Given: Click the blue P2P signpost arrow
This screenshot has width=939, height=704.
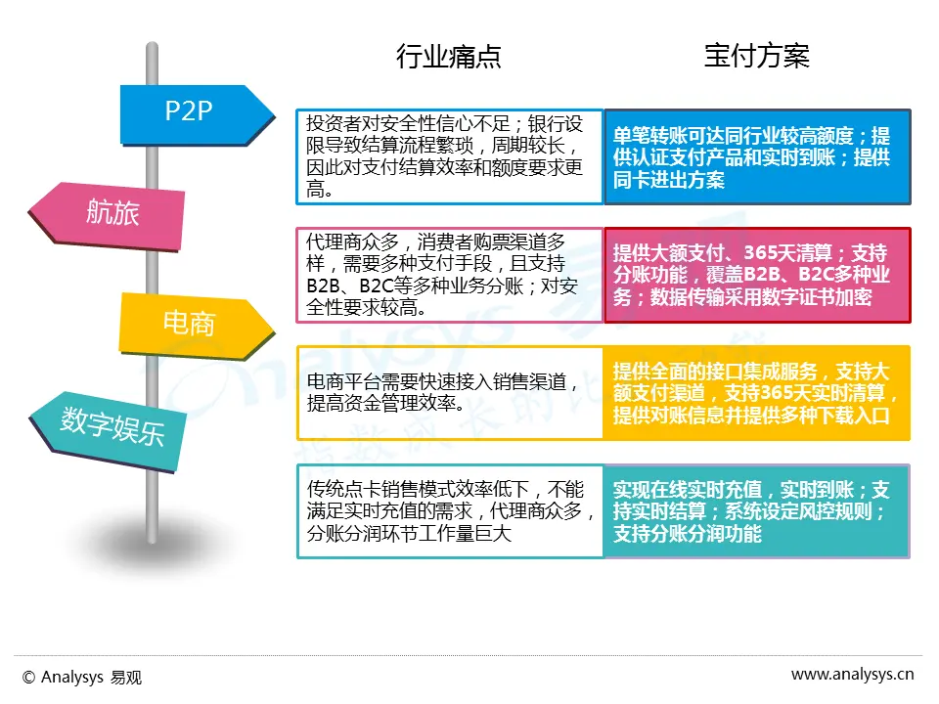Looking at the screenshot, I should coord(191,111).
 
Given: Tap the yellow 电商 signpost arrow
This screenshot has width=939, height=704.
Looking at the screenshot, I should coord(192,323).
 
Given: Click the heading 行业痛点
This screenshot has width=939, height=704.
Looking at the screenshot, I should coord(448,57).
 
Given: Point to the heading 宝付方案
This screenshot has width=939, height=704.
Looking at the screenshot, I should coord(756,57).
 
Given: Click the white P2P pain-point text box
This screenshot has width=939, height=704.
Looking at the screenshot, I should coord(450,156).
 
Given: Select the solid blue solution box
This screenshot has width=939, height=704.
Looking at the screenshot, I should coord(756,156).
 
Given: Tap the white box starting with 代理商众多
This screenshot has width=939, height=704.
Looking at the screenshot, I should coord(450,275).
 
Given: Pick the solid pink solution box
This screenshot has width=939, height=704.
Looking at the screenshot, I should coord(756,275).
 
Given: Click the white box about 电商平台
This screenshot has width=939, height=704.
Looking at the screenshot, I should coord(450,392).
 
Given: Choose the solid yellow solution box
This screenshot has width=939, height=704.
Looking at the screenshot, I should coord(756,392).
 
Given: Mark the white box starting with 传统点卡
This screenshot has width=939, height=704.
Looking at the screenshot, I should coord(450,510).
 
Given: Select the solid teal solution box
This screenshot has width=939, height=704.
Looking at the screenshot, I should coord(756,510).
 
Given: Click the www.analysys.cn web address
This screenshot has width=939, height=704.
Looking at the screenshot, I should coord(852,674).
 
